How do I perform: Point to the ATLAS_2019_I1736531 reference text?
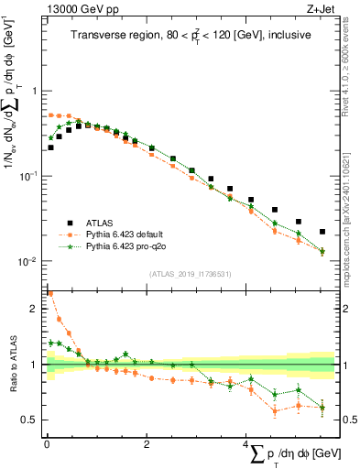(191, 273)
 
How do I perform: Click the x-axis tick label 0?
(47, 444)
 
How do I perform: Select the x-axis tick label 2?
(147, 444)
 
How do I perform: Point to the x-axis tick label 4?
(246, 444)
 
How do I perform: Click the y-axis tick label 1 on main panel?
(35, 91)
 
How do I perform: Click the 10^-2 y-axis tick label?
(29, 261)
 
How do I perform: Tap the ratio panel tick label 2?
(35, 309)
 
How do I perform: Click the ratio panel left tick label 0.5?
(31, 420)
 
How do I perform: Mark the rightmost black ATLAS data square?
(322, 232)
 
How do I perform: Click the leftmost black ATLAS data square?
(51, 147)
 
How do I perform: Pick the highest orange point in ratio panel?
(50, 294)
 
